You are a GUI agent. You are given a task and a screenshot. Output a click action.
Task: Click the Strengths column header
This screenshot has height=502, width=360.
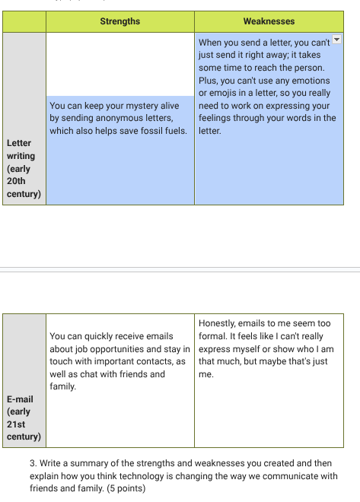coord(119,21)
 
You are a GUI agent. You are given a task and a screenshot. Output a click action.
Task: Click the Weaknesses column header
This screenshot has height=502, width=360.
coord(269,21)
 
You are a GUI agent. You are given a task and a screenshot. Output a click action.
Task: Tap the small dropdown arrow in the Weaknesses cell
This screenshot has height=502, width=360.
coord(337,39)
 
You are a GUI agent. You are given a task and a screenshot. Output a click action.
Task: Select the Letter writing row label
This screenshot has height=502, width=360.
coord(23,168)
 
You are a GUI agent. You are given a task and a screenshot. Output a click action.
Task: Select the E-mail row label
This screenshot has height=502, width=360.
coord(23,418)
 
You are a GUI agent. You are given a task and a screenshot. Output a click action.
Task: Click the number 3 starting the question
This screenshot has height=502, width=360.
coord(33,463)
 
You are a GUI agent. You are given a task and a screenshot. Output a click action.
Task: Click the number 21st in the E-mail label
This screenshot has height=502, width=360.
coord(17,424)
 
